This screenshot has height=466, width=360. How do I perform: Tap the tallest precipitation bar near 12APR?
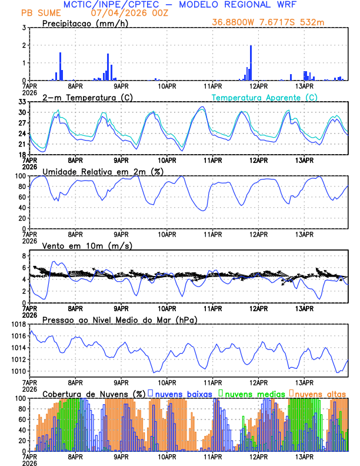tap(251, 62)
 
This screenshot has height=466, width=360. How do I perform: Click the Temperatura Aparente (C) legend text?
tap(264, 97)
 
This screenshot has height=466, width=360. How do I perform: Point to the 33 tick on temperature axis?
tap(22, 102)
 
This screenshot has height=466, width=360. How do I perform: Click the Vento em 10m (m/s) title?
tap(87, 245)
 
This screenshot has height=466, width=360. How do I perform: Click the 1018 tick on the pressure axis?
tap(18, 324)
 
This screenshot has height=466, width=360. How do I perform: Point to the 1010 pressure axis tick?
tap(18, 371)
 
